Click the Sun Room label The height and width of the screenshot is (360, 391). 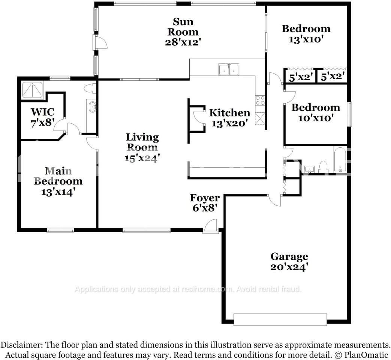click(183, 26)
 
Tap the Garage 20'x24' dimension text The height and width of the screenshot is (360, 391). click(289, 267)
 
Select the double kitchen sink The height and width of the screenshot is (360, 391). click(229, 69)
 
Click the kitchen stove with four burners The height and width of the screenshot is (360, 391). click(260, 100)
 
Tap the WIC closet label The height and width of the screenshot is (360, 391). click(42, 112)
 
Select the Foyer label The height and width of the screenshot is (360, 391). click(205, 198)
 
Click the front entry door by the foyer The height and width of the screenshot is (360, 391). click(211, 226)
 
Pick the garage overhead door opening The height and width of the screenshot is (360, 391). click(280, 319)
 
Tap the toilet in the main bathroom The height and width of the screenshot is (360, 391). click(90, 88)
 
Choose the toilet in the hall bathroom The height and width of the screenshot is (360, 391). click(323, 166)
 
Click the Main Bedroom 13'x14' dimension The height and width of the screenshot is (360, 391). click(58, 192)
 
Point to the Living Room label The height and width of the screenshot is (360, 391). click(142, 142)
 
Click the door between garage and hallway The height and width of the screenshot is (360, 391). click(274, 200)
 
